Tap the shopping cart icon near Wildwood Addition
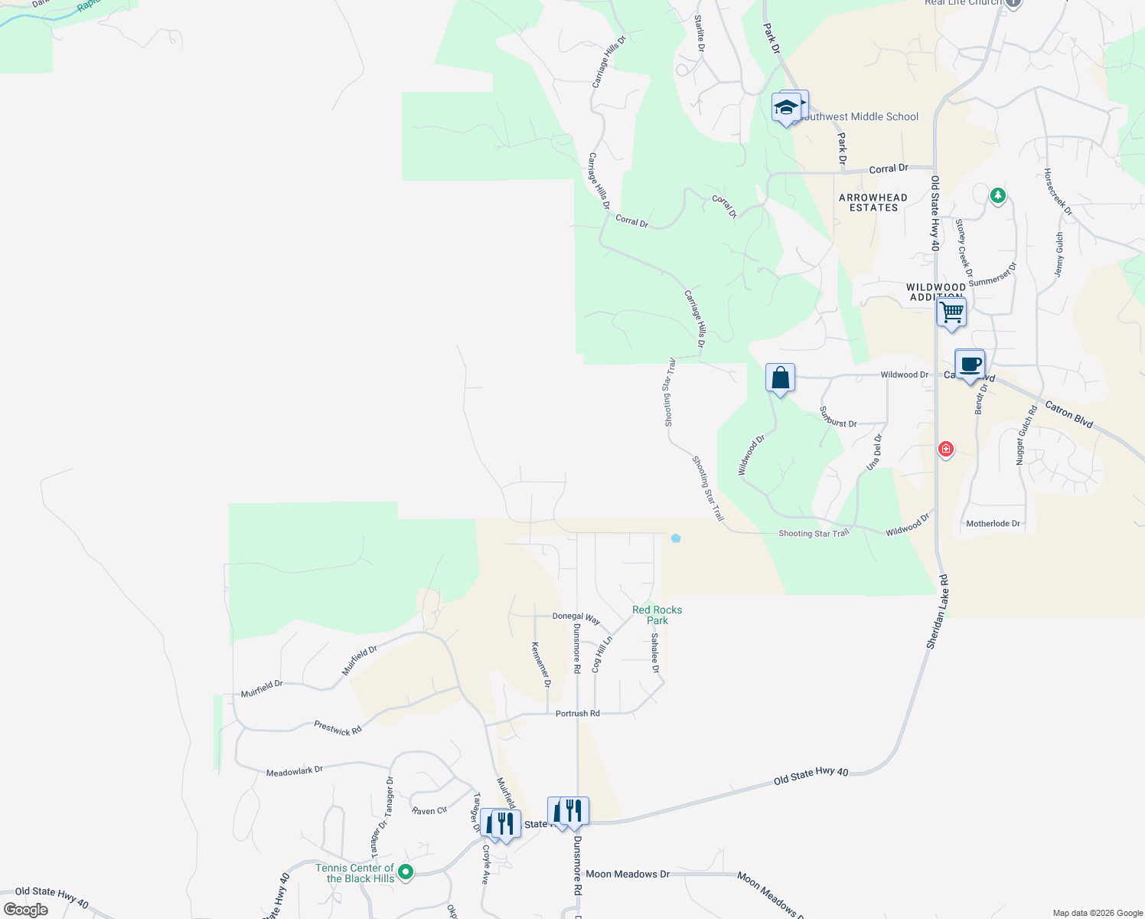[x=951, y=312]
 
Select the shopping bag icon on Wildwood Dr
[x=780, y=378]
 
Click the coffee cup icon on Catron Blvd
[x=970, y=365]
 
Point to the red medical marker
[x=946, y=450]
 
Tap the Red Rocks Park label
[x=657, y=615]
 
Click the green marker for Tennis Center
[x=406, y=872]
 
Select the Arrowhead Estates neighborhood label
[x=873, y=202]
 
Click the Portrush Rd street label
[x=577, y=714]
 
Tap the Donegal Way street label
[x=576, y=616]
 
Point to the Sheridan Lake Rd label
[x=938, y=612]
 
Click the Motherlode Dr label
[x=993, y=524]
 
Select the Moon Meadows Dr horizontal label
[x=627, y=874]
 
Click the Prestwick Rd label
[x=338, y=728]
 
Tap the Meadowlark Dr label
[x=295, y=771]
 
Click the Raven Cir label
[x=429, y=810]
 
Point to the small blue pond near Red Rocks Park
[x=676, y=538]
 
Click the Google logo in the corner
[x=26, y=910]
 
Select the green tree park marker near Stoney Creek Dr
[x=997, y=195]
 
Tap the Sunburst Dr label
[x=838, y=417]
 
